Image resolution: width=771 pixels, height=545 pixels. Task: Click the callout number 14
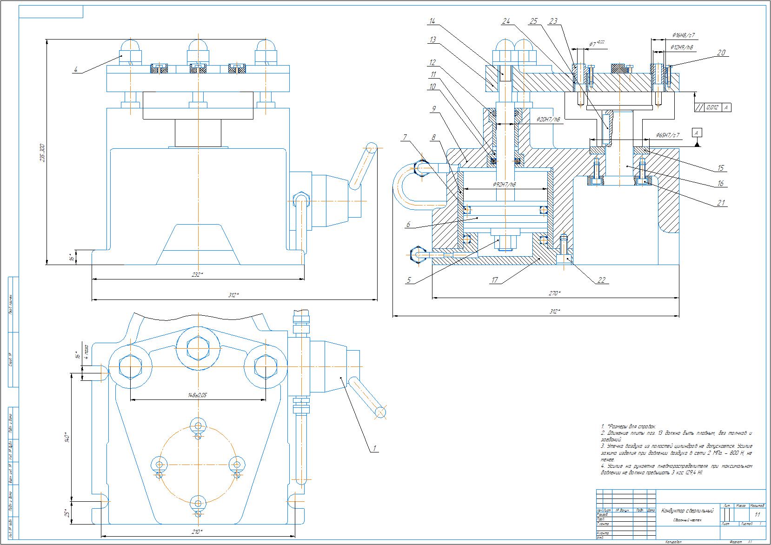click(x=432, y=21)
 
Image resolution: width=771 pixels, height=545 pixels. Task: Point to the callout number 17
click(x=494, y=280)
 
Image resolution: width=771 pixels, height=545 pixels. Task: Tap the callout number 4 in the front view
click(x=75, y=70)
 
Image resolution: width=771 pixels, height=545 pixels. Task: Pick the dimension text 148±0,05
click(x=198, y=395)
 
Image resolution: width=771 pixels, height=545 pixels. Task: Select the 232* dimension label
click(x=197, y=275)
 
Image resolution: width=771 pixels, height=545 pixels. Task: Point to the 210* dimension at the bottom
click(x=196, y=532)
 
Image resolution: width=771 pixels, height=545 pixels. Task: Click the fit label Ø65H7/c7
click(x=668, y=135)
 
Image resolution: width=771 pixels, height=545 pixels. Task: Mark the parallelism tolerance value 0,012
click(x=712, y=107)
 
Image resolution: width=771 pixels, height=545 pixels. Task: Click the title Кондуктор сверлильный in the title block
click(x=686, y=511)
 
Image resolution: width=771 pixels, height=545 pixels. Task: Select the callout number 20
click(x=721, y=53)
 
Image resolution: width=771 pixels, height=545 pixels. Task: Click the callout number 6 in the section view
click(x=408, y=225)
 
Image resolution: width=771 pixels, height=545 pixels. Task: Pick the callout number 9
click(x=433, y=109)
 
